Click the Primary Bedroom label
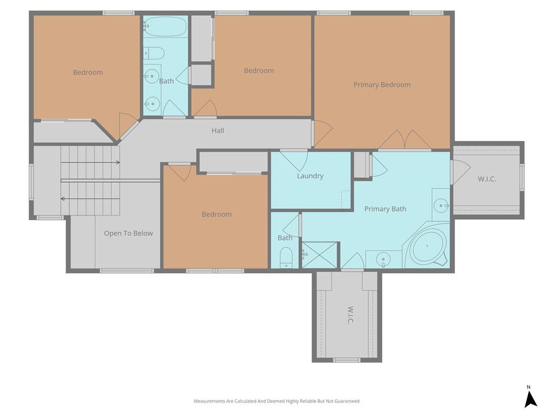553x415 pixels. (x=382, y=85)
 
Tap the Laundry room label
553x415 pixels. (x=310, y=176)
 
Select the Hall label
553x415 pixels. (x=218, y=131)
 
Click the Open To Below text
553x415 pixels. (x=129, y=233)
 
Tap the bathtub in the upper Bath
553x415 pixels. (x=165, y=28)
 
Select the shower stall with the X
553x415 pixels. (x=320, y=255)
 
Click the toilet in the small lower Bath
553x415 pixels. (x=286, y=258)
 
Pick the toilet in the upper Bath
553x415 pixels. (x=154, y=53)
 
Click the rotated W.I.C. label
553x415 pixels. (x=350, y=315)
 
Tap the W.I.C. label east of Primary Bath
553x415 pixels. (x=487, y=179)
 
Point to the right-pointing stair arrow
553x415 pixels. (x=90, y=162)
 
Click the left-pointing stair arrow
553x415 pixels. (x=90, y=199)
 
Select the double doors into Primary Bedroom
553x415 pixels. (x=404, y=140)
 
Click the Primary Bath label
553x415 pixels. (x=385, y=209)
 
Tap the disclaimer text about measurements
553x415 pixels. (x=276, y=401)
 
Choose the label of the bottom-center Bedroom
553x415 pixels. (x=217, y=214)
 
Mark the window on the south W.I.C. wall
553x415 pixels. (x=347, y=360)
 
